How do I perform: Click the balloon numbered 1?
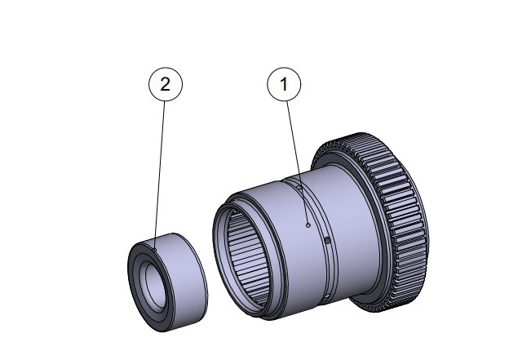[285, 83]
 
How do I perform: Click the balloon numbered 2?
[165, 83]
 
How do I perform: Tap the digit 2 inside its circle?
[165, 83]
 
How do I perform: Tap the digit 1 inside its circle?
[285, 83]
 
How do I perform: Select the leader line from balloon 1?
[295, 155]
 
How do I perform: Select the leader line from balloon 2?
[160, 163]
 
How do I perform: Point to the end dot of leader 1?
[307, 224]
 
